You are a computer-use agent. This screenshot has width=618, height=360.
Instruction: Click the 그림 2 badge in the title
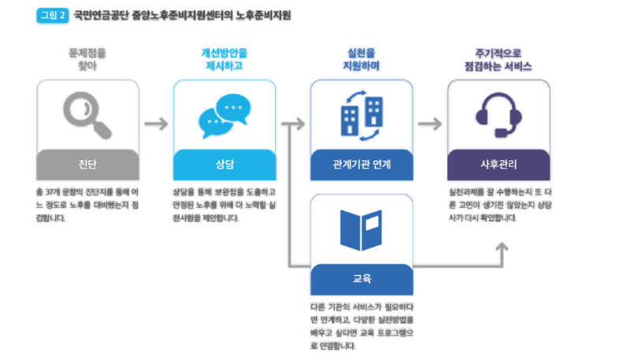click(x=53, y=15)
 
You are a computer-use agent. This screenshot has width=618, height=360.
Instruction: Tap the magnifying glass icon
click(x=87, y=116)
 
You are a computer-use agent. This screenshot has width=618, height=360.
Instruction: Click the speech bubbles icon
click(x=224, y=116)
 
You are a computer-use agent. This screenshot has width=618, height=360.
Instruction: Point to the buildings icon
click(x=362, y=116)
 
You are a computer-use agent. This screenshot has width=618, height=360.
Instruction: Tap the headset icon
click(x=499, y=116)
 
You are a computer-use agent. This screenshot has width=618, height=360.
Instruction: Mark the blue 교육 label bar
click(x=362, y=278)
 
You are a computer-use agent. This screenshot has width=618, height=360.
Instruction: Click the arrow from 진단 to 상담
click(x=156, y=124)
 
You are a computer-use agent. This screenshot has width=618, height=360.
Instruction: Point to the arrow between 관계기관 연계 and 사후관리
click(x=430, y=124)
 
